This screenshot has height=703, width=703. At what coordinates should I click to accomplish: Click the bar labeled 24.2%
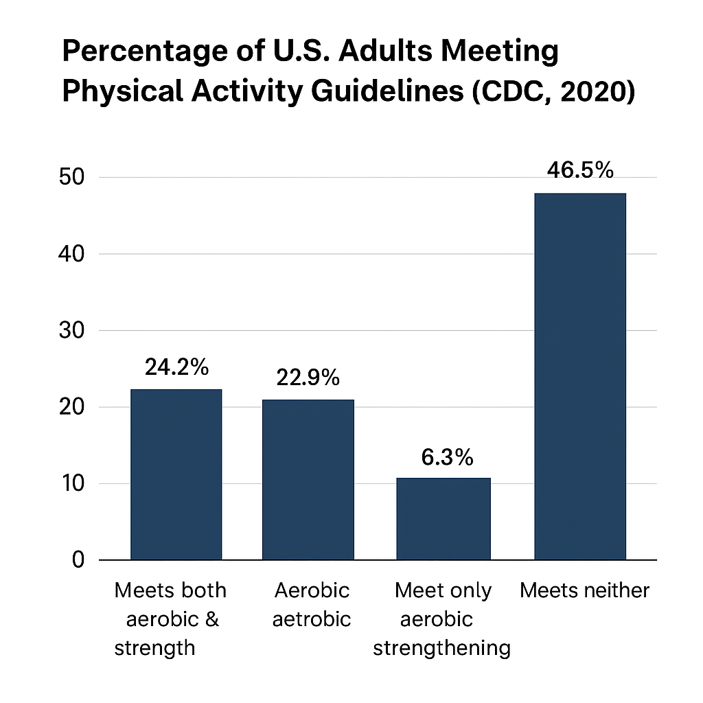coord(176,474)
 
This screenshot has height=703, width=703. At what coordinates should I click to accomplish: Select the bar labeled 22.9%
coord(308,479)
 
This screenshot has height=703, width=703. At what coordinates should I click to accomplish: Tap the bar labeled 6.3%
coord(443,518)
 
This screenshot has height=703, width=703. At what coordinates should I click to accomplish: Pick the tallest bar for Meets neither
coord(580,376)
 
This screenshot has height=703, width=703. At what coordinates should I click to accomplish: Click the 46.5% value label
coord(580,170)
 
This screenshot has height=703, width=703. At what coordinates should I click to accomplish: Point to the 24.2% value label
coord(176,367)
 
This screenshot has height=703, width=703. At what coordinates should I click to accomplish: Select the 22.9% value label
coord(308,377)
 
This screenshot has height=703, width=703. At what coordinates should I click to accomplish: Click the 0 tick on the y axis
coord(77,560)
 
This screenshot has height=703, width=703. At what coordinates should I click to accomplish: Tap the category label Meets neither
coord(584,590)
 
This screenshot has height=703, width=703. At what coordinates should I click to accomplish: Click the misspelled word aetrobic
coord(312,619)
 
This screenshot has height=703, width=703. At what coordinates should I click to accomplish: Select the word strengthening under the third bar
coord(441,648)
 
